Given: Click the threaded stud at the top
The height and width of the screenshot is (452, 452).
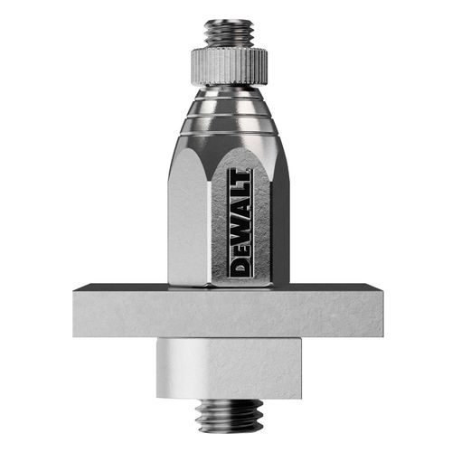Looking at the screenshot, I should [228, 33].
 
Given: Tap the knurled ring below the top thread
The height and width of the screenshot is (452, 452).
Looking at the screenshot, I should [228, 62].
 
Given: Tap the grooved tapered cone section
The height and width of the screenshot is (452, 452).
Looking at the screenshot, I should [228, 122].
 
